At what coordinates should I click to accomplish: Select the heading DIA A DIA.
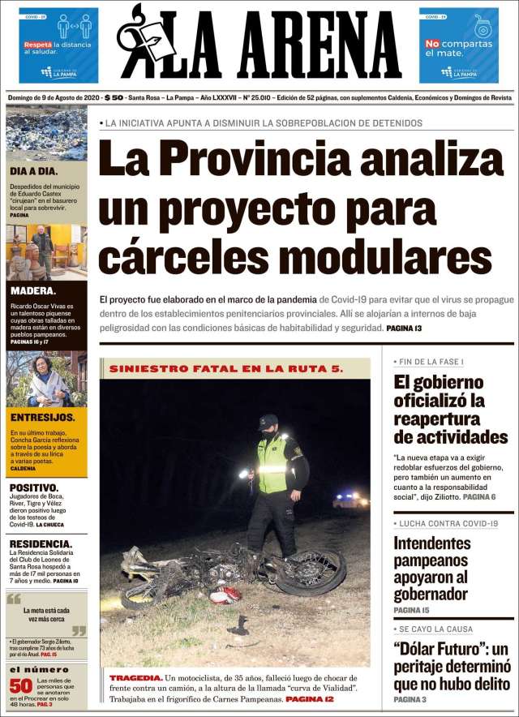pyautogui.click(x=33, y=171)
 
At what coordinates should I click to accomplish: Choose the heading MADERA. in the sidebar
pyautogui.click(x=33, y=291)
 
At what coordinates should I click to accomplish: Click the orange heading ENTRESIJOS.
pyautogui.click(x=43, y=417)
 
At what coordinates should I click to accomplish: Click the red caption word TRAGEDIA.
pyautogui.click(x=135, y=676)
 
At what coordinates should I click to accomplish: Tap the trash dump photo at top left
pyautogui.click(x=46, y=134)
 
